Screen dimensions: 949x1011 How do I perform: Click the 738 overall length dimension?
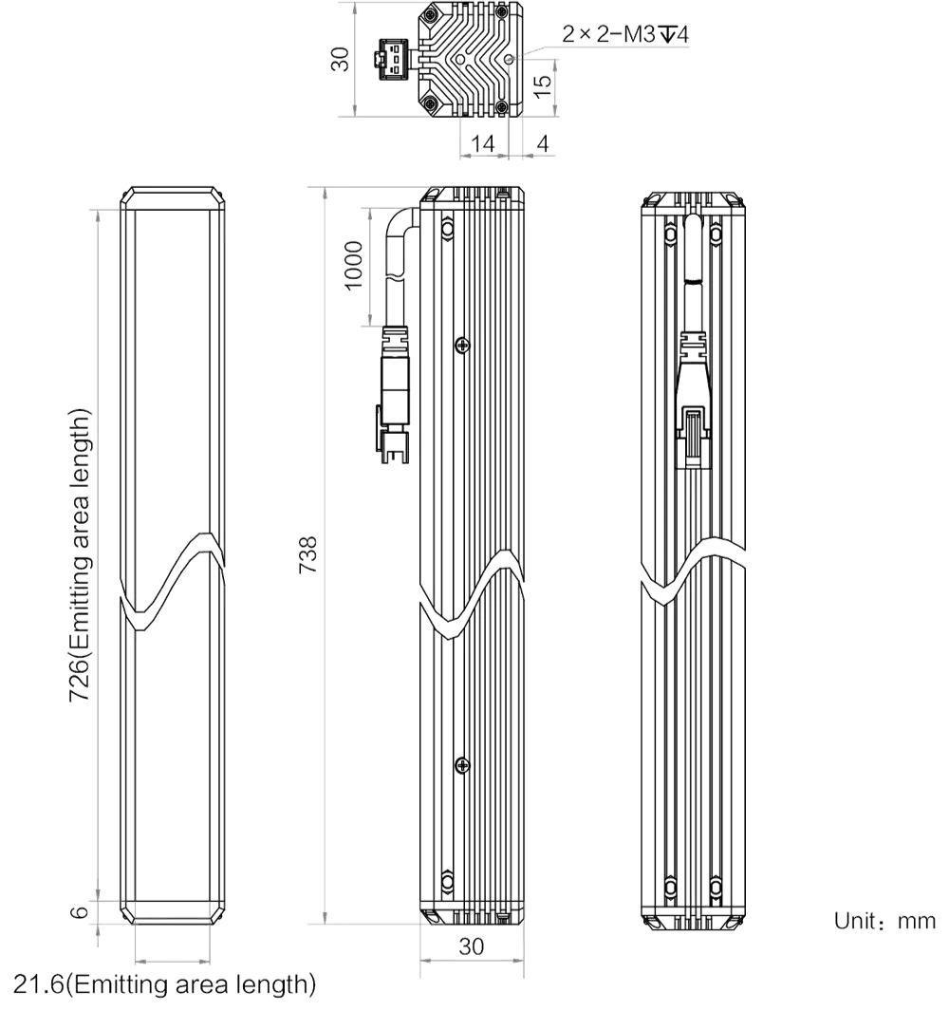click(x=308, y=554)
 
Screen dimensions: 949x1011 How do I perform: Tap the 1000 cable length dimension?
click(x=353, y=266)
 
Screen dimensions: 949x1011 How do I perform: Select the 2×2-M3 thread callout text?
click(x=624, y=33)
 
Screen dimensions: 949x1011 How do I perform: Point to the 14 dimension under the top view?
click(x=482, y=143)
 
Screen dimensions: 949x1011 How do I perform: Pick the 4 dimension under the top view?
click(x=543, y=143)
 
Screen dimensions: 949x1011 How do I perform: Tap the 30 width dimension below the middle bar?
click(x=472, y=945)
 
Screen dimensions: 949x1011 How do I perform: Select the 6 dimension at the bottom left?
click(x=79, y=911)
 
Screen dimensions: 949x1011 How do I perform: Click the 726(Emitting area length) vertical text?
click(x=80, y=555)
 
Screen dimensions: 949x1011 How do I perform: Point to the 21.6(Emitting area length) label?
click(x=165, y=983)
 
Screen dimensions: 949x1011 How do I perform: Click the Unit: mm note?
click(x=884, y=921)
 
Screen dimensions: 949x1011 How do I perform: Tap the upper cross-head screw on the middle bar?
click(x=462, y=346)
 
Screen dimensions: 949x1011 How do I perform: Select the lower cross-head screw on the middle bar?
click(x=462, y=765)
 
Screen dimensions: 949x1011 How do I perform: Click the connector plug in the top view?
click(x=393, y=59)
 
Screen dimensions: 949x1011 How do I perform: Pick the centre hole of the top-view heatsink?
click(x=459, y=59)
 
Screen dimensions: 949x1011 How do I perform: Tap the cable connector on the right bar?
click(x=693, y=400)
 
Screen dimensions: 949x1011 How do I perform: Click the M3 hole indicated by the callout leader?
click(x=510, y=59)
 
